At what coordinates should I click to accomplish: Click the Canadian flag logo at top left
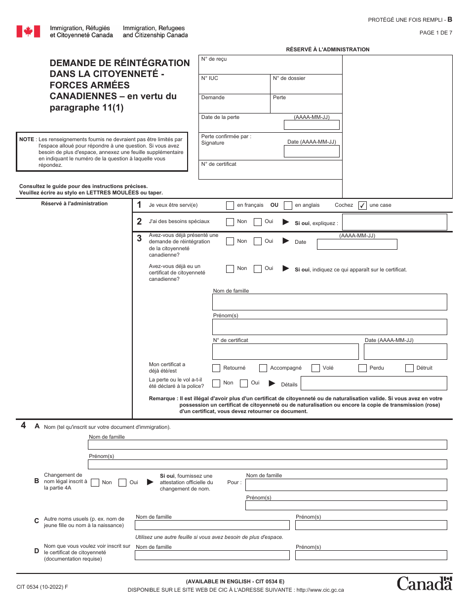click(28, 32)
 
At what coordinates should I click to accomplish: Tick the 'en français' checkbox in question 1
click(230, 205)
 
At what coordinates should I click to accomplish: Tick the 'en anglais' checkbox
click(288, 205)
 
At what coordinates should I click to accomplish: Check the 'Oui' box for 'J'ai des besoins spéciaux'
click(258, 222)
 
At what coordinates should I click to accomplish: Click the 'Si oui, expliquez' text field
click(394, 222)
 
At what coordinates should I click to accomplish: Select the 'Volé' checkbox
click(315, 368)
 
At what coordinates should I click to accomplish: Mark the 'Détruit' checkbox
click(409, 368)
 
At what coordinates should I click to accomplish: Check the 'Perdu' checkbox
click(362, 368)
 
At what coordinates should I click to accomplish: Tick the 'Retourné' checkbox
click(216, 368)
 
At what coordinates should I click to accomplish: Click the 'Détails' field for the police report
click(374, 383)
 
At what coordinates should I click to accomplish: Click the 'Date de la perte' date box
click(312, 125)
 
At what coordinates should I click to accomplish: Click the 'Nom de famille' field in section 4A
click(267, 445)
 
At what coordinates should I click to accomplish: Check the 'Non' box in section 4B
click(95, 483)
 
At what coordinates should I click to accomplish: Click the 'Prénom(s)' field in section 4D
click(371, 555)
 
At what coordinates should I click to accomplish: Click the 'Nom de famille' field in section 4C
click(212, 525)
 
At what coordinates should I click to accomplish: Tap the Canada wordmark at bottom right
click(425, 583)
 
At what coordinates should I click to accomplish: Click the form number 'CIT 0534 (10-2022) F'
click(42, 586)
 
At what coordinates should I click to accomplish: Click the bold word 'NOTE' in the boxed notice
click(27, 140)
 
